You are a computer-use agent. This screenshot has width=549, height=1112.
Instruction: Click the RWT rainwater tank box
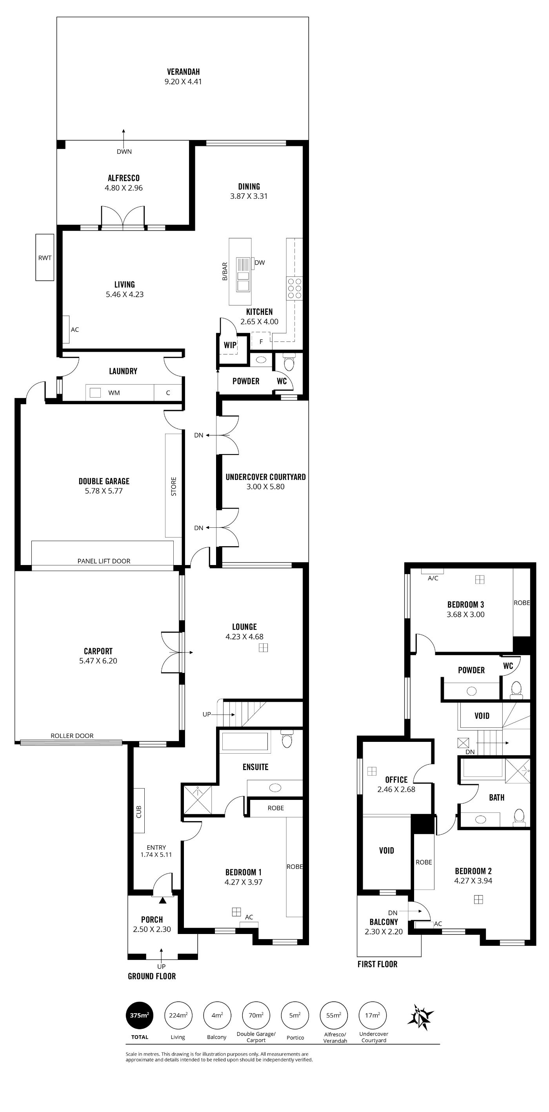45,257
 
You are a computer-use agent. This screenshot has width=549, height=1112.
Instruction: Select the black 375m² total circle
140,1015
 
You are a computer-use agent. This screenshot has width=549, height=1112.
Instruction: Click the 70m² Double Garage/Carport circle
256,1015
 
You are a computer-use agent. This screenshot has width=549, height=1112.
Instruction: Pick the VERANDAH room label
184,72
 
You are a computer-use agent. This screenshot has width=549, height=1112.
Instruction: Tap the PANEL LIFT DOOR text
104,561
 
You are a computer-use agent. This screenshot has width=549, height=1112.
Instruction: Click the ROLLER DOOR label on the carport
72,736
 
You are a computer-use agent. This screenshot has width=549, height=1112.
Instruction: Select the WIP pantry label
230,345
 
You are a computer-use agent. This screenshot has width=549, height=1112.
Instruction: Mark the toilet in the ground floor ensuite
287,739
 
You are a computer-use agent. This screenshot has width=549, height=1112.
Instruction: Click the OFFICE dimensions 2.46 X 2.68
396,789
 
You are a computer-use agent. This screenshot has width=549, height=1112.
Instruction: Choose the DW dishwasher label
260,262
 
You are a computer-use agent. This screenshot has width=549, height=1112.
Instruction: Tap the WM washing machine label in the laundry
114,392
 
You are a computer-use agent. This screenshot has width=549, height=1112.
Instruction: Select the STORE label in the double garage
173,486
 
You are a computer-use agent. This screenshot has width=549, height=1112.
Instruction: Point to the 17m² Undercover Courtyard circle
373,1015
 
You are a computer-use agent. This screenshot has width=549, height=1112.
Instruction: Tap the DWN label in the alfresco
124,151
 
